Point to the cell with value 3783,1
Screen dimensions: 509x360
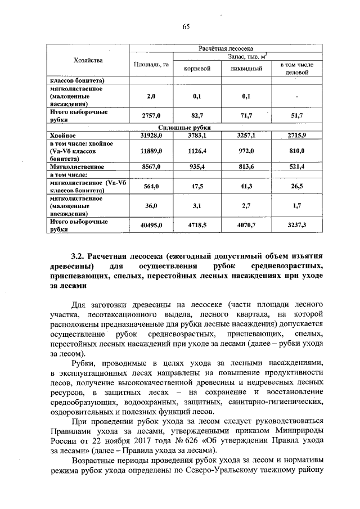(197, 136)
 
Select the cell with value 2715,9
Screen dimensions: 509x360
(295, 136)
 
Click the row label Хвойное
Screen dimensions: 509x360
(62, 136)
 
